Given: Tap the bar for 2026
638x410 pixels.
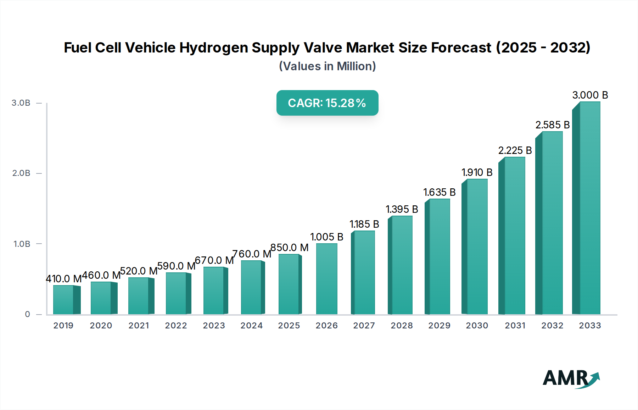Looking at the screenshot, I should pos(326,279).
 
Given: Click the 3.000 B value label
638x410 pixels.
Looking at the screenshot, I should pos(590,95).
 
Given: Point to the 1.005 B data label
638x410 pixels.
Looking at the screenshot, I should pos(327,237).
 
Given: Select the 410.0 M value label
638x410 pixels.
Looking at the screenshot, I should pos(64,279).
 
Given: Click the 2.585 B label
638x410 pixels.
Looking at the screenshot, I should pos(553,125).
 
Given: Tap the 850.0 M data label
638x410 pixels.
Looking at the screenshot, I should pos(289,248).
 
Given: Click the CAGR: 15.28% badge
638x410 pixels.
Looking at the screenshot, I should pos(327,103).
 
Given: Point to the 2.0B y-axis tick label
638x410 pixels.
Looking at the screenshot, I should pos(21,173).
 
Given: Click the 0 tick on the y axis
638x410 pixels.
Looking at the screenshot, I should pos(27,314).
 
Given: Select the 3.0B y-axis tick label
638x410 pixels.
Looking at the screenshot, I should pos(21,103).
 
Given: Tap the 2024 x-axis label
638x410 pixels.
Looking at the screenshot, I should pos(252,326).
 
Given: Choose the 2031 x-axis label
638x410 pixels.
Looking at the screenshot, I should pos(515,326).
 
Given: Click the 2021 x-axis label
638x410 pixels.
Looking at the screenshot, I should pos(139,326).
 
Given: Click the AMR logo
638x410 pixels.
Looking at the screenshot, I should pos(571,378).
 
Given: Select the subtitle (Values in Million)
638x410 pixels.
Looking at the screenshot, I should pos(327,66).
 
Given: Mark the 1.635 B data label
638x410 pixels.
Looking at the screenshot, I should pos(440,192).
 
